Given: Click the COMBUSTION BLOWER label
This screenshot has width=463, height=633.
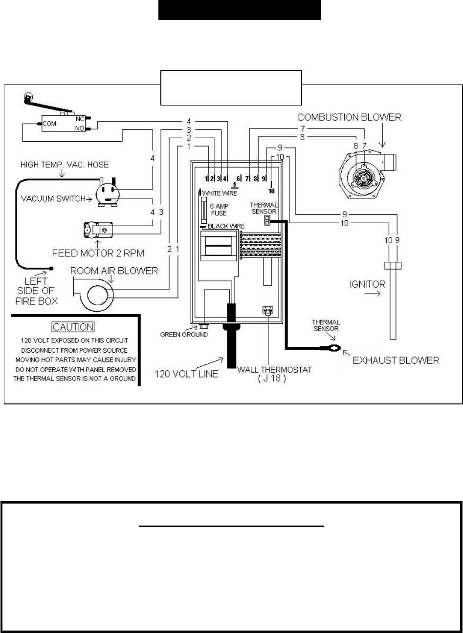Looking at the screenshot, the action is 349,117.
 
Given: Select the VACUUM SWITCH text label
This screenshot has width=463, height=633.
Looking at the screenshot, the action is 53,199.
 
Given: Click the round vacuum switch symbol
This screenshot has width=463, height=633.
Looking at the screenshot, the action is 108,194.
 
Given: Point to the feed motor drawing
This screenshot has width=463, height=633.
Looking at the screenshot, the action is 98,230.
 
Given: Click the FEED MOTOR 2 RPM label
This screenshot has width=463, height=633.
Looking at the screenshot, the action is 98,253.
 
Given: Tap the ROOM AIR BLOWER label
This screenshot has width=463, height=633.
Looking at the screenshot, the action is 114,271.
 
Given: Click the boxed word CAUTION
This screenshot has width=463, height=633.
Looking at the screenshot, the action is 73,327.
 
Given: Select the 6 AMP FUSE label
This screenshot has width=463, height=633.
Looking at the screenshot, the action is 219,210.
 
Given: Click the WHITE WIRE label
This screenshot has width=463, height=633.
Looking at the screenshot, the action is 220,193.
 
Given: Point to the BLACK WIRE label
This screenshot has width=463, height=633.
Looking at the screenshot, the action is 226,226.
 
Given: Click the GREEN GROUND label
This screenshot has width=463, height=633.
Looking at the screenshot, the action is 184,335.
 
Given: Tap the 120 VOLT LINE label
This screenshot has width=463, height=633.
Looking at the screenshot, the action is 186,374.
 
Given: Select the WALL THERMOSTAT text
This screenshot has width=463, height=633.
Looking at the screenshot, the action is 274,370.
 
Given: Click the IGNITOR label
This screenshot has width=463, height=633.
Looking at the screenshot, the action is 367,284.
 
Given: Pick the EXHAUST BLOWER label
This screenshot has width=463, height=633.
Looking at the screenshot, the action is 396,360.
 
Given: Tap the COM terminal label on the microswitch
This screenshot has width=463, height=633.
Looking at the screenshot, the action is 49,124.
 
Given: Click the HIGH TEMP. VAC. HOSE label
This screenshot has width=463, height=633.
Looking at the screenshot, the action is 65,165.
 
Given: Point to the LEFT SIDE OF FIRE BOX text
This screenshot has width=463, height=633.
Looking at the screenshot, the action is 36,291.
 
